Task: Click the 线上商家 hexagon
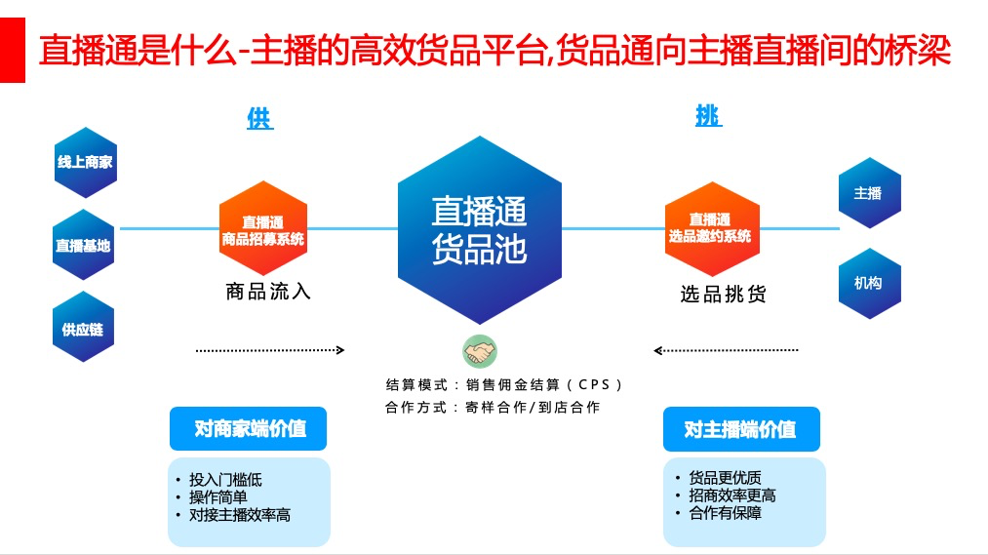(85, 162)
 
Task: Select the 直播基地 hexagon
(83, 246)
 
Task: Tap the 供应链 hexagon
(83, 329)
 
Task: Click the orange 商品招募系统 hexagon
(262, 229)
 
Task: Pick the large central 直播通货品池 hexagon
(479, 230)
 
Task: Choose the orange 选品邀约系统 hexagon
(711, 229)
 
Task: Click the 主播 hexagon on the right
(868, 193)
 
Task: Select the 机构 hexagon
(868, 283)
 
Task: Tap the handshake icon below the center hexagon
(479, 351)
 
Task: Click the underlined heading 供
(260, 119)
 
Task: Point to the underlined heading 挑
(708, 116)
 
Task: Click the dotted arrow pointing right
(270, 349)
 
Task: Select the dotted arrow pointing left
(726, 349)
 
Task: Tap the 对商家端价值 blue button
(248, 428)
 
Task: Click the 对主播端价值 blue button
(740, 428)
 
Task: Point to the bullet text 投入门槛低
(225, 480)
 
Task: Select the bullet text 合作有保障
(725, 513)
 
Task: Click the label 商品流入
(267, 291)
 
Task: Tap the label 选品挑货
(723, 294)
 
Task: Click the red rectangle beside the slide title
(12, 50)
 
